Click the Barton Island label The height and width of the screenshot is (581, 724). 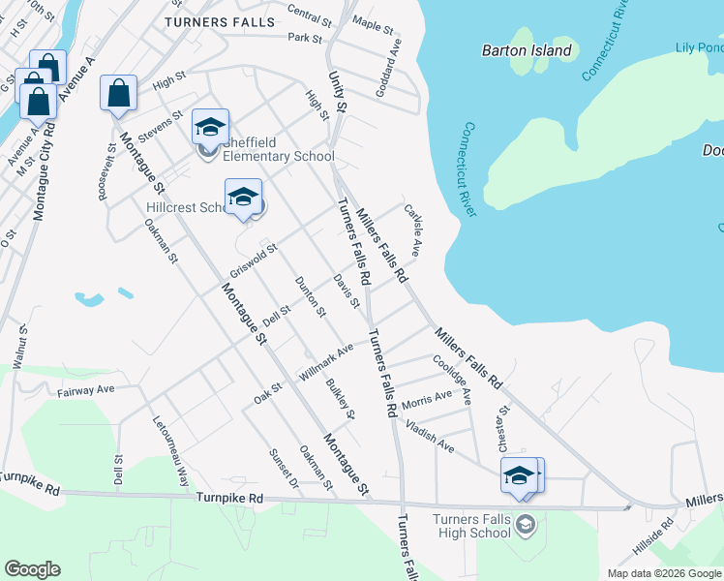click(x=527, y=50)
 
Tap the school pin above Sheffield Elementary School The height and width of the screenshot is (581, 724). click(x=210, y=127)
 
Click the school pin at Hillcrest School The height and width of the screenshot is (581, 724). click(x=243, y=198)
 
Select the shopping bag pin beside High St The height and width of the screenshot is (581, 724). click(x=119, y=94)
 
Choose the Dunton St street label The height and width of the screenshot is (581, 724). click(x=311, y=296)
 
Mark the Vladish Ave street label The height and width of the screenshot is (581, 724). click(x=430, y=437)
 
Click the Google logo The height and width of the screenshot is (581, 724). click(x=32, y=569)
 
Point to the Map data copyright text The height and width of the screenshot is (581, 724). click(x=663, y=573)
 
